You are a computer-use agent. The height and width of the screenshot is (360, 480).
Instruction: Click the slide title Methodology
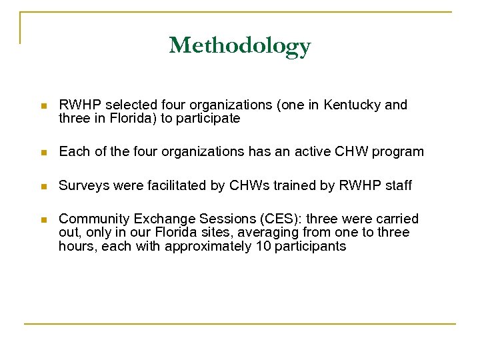tap(240, 46)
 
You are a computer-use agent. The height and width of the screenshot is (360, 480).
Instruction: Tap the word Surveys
tap(82, 185)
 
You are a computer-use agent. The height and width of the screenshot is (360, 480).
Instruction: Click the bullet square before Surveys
tap(43, 186)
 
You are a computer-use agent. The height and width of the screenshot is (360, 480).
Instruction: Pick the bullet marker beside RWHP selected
tap(43, 106)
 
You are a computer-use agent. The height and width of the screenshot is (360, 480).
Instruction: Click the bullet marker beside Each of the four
tap(43, 152)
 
